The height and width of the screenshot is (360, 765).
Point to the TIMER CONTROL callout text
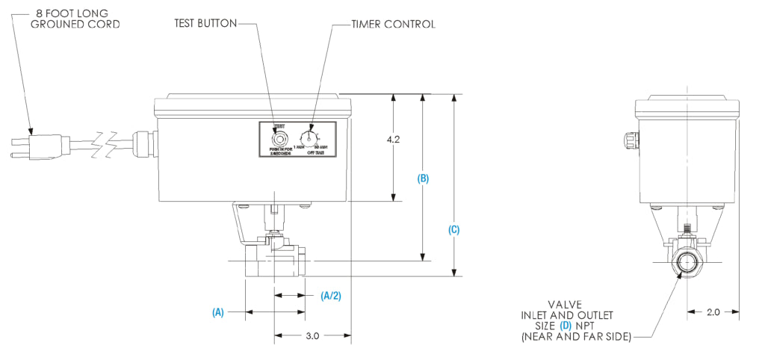point(393,24)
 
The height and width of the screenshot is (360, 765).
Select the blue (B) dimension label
point(423,179)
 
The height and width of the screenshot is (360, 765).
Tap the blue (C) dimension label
point(453,230)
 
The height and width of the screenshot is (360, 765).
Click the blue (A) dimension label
point(218,312)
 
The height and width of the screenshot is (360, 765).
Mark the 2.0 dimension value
point(713,312)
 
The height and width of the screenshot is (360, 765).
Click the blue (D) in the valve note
point(566,326)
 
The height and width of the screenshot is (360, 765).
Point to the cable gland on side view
point(628,140)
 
